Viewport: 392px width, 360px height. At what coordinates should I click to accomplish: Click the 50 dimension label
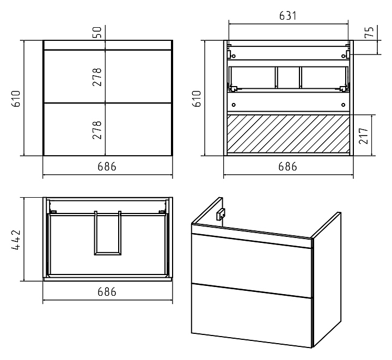coord(98,32)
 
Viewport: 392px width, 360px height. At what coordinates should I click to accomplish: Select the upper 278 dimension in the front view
coord(97,77)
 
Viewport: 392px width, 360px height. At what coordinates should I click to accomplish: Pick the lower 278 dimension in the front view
coord(97,130)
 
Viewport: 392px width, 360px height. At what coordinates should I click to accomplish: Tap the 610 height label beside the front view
coord(16,99)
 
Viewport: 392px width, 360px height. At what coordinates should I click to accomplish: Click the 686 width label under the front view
coord(107,167)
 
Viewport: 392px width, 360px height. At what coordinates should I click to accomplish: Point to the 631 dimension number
coord(288,16)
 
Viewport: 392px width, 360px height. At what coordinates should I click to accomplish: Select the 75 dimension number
coord(369,32)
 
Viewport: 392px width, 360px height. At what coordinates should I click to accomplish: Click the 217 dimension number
coord(364,136)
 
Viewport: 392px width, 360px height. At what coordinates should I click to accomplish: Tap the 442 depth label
coord(16,240)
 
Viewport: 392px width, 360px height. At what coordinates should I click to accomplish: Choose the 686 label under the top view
coord(107,292)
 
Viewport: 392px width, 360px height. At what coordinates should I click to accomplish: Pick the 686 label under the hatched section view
coord(288,167)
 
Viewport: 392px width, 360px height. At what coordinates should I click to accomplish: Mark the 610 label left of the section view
coord(197,99)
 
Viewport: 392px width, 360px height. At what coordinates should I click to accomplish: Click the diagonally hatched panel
coord(288,133)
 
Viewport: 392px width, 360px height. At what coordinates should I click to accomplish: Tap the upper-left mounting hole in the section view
coord(234,56)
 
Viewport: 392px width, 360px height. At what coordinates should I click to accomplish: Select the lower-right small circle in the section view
coord(343,105)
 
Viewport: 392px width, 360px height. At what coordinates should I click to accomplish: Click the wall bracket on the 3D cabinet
coord(220,214)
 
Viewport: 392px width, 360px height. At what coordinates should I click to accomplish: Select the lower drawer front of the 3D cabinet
coord(252,315)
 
